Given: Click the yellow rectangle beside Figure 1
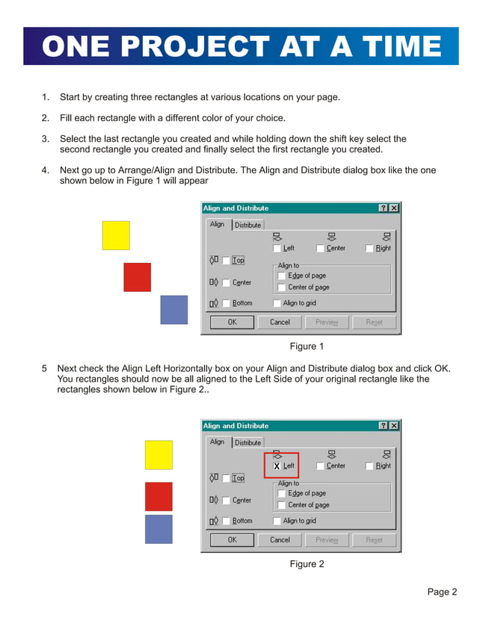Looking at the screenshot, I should pyautogui.click(x=116, y=235).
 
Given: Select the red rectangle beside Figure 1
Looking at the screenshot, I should pyautogui.click(x=137, y=277).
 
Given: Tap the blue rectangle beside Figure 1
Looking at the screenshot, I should pyautogui.click(x=173, y=309).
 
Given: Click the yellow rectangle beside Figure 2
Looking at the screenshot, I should pyautogui.click(x=159, y=455).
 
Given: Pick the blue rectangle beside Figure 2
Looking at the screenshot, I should pyautogui.click(x=159, y=529).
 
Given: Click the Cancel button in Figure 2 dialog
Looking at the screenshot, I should pyautogui.click(x=280, y=539).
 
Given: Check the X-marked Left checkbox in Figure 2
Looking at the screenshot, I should pyautogui.click(x=277, y=466).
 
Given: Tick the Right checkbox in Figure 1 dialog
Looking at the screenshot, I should pyautogui.click(x=370, y=248).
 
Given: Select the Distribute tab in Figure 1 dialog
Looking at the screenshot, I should pyautogui.click(x=248, y=225).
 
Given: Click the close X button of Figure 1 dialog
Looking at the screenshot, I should pyautogui.click(x=394, y=208).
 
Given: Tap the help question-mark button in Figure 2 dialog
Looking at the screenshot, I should pyautogui.click(x=383, y=426).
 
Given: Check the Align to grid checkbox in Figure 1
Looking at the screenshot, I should pyautogui.click(x=277, y=303).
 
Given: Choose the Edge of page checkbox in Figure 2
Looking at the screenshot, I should pyautogui.click(x=282, y=493).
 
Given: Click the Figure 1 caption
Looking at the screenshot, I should pyautogui.click(x=307, y=347).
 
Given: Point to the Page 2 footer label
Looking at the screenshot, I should pyautogui.click(x=442, y=592).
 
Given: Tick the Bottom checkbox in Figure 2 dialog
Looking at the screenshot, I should pyautogui.click(x=226, y=521).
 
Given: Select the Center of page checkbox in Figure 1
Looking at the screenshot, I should pyautogui.click(x=282, y=288).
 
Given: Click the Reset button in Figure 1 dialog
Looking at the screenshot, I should pyautogui.click(x=375, y=322).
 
